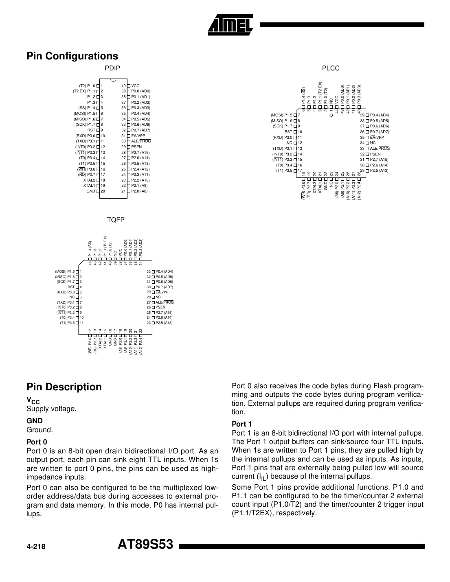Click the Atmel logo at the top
(230, 24)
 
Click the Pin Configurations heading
(72, 56)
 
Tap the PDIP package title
(113, 68)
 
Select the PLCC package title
(331, 68)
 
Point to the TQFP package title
(116, 220)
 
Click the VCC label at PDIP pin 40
(136, 86)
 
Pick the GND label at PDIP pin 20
(91, 191)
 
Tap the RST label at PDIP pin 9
(91, 130)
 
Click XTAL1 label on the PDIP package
(89, 186)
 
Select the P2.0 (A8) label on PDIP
(139, 191)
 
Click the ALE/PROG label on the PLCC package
(380, 149)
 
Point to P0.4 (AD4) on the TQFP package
(164, 271)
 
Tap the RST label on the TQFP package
(71, 287)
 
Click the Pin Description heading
(64, 387)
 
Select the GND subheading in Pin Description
(35, 421)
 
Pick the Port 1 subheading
(242, 424)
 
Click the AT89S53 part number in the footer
(145, 545)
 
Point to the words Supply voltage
(51, 409)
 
